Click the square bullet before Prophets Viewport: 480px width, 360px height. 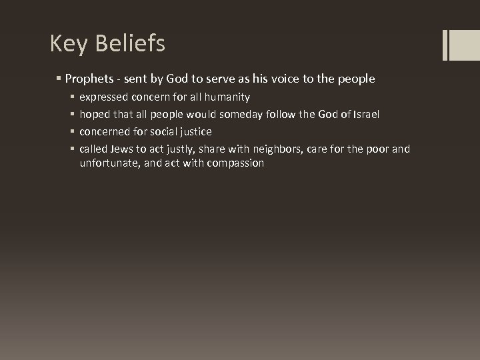(x=59, y=79)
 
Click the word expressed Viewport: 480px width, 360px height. (x=105, y=97)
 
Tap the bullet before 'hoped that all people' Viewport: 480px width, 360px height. (x=72, y=115)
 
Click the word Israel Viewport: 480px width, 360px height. (x=364, y=114)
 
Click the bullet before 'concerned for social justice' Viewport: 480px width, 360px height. (x=72, y=132)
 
